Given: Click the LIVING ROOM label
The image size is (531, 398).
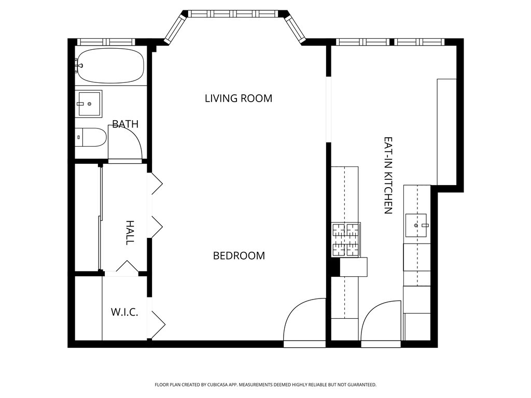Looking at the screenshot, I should click(239, 98).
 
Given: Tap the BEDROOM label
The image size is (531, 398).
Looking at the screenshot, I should click(239, 255).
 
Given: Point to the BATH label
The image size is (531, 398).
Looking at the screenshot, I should click(125, 124).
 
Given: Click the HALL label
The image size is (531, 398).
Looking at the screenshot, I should click(130, 233).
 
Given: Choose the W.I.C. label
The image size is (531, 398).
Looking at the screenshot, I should click(124, 312).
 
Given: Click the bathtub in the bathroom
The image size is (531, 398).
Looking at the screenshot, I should click(110, 66).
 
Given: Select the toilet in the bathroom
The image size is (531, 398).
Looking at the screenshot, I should click(90, 137).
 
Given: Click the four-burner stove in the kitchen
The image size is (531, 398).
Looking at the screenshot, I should click(346, 239).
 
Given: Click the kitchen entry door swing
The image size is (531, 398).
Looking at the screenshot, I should click(381, 322).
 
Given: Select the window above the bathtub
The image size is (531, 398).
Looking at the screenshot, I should click(106, 42).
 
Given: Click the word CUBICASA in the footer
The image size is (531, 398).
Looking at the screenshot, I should click(215, 385).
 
